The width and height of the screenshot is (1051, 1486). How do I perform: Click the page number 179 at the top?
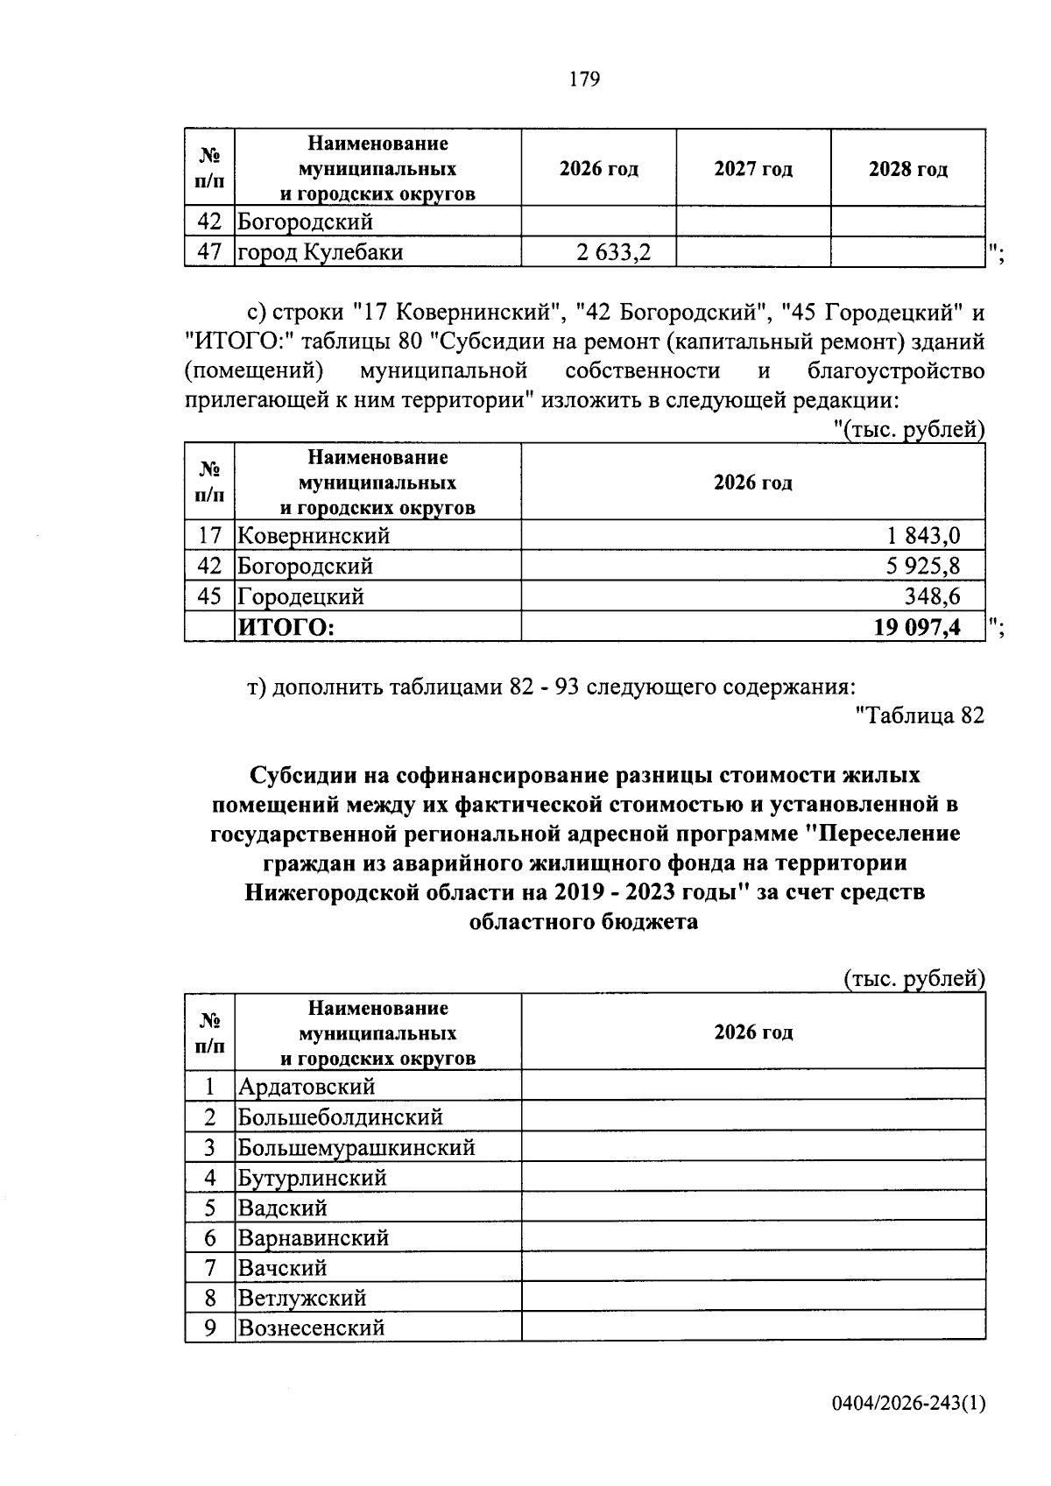pos(584,80)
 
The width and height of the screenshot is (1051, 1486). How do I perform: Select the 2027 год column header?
pos(753,169)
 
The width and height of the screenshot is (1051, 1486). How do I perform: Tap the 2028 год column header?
pos(907,169)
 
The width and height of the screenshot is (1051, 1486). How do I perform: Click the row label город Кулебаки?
pos(321,252)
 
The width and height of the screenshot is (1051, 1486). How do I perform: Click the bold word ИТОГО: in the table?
pos(286,627)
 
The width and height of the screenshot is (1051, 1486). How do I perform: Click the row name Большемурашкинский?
pos(356,1147)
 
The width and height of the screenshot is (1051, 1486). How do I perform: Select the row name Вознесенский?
pos(312,1327)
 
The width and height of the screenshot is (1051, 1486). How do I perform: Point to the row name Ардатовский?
pos(307,1087)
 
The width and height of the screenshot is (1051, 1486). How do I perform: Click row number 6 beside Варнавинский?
pos(210,1237)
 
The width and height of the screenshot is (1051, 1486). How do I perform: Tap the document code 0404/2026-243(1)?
pos(908,1404)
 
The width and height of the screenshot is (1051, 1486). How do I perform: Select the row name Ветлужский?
pos(302,1297)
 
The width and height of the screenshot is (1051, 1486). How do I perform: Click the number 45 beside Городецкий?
pos(209,596)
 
